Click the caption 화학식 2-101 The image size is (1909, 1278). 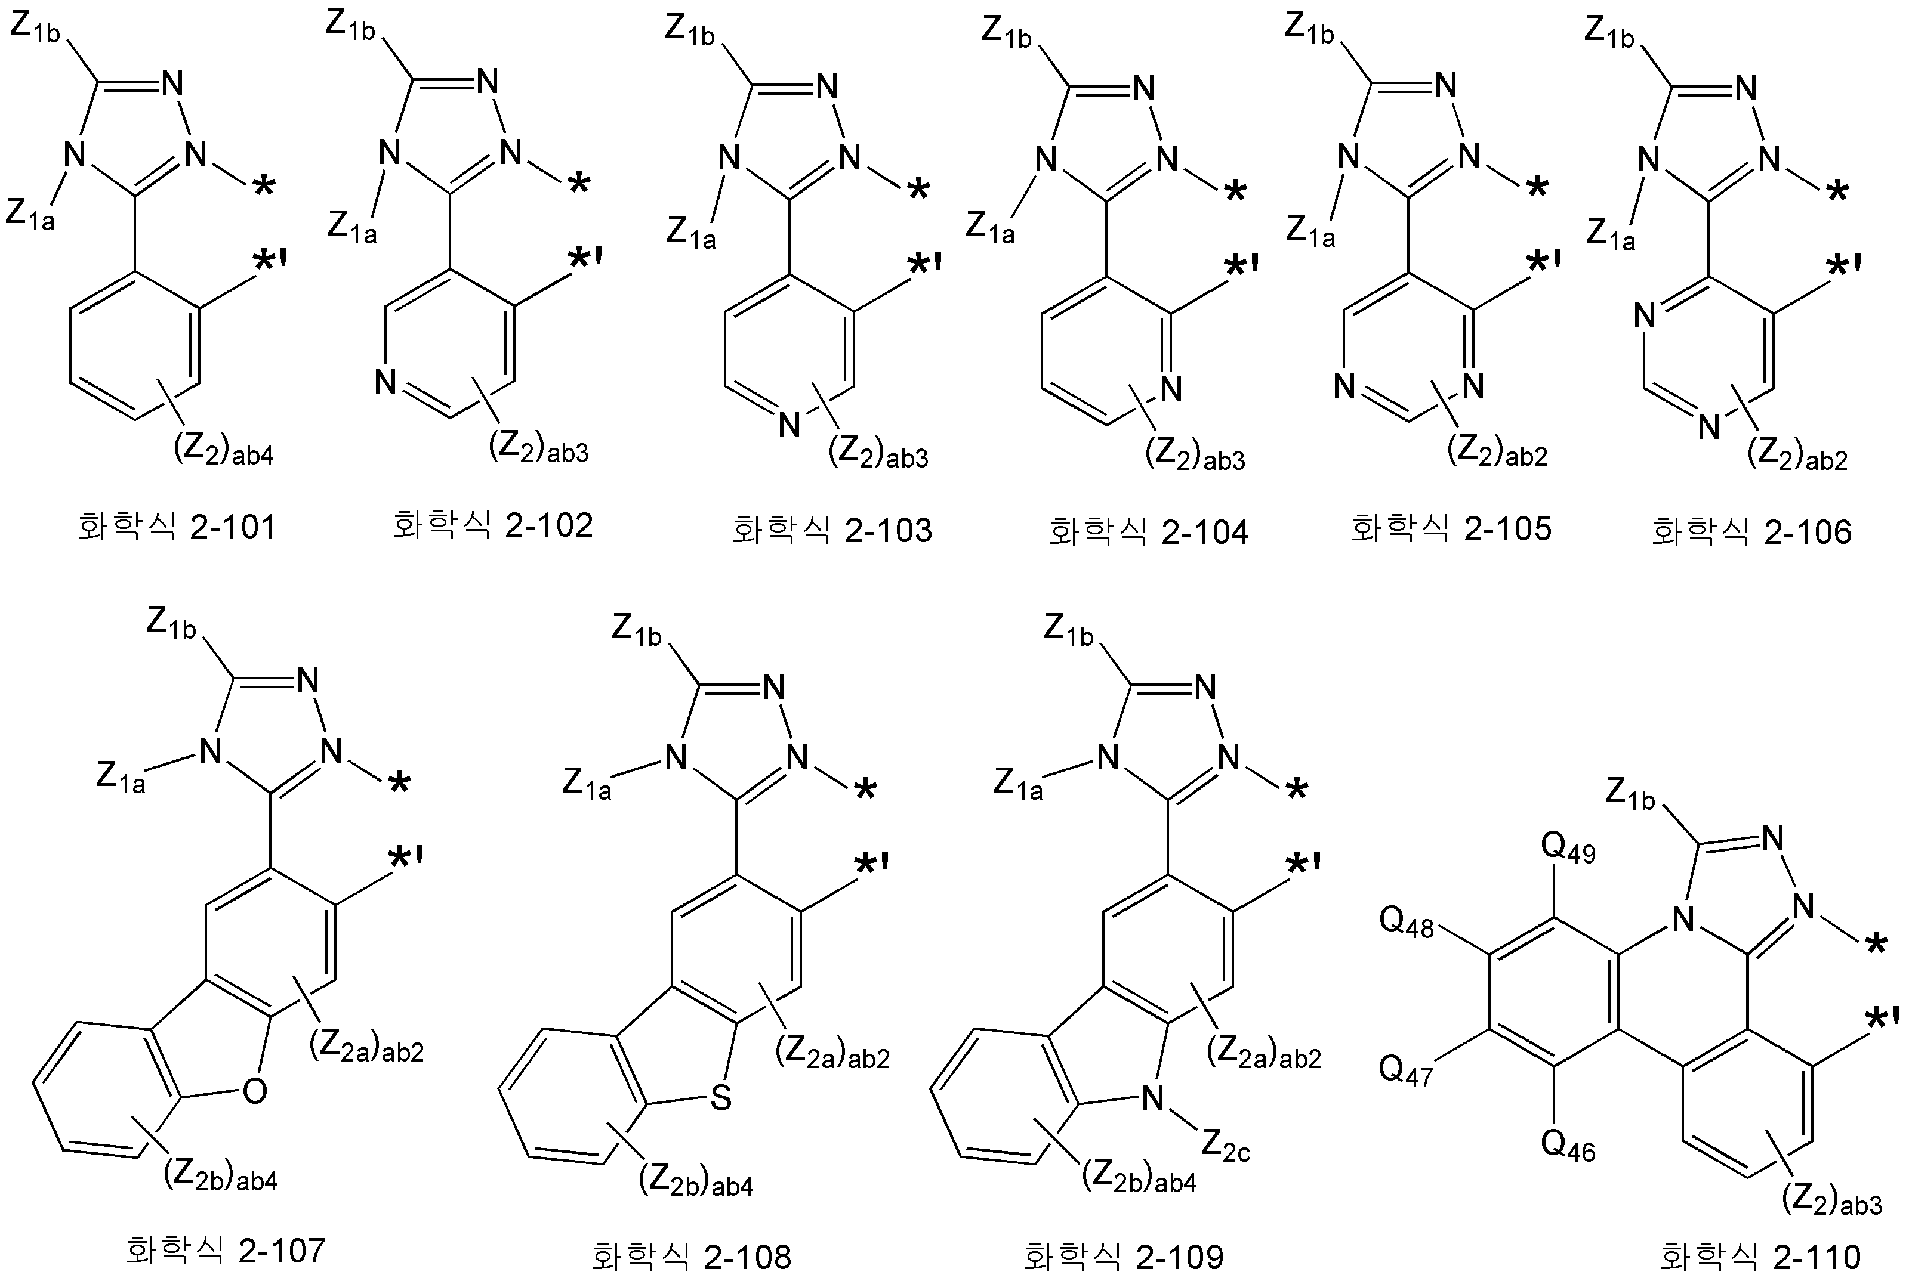coord(177,527)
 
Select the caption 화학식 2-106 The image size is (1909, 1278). coord(1751,531)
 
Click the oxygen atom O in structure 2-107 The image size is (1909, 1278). coord(255,1091)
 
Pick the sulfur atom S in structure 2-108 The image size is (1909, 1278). coord(721,1098)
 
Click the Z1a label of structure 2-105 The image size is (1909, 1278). coord(1310,231)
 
